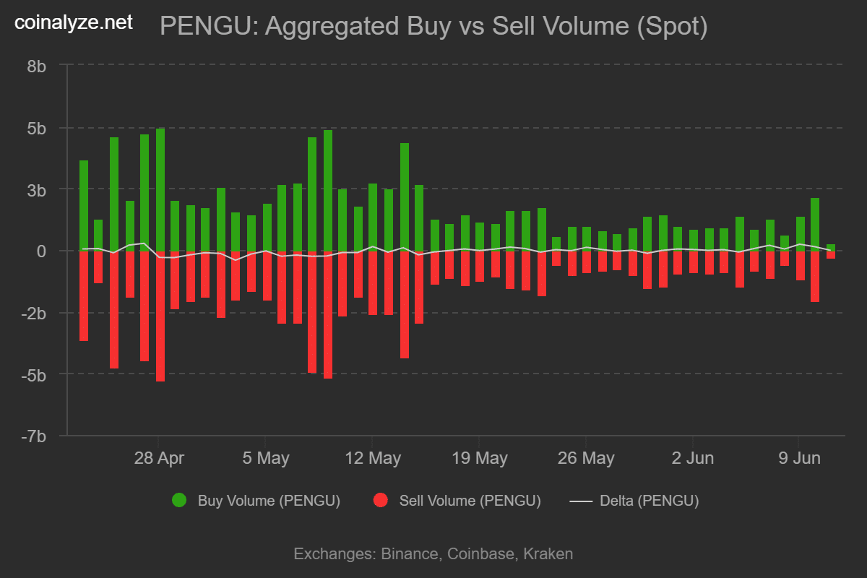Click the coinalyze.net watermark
74,22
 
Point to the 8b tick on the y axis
37,66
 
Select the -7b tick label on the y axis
33,436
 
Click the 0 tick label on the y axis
42,251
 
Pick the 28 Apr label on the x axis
160,458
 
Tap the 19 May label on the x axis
478,458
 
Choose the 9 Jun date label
798,458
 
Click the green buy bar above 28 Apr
160,189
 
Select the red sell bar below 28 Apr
160,316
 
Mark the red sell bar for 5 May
267,275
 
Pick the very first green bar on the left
84,205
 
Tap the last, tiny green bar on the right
831,247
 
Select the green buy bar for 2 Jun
694,240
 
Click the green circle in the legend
178,500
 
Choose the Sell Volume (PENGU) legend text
470,501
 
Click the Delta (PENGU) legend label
649,501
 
